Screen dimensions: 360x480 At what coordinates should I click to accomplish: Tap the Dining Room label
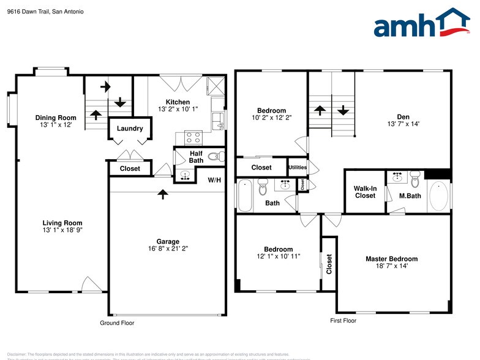pos(56,118)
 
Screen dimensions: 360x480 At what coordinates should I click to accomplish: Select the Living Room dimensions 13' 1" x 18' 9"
pos(62,230)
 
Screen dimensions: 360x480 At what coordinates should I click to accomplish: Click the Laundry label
pos(129,129)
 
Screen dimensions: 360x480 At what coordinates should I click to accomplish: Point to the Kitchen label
pos(178,102)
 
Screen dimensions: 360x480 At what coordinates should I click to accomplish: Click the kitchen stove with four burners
pos(193,137)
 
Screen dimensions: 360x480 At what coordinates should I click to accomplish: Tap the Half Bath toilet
pos(215,157)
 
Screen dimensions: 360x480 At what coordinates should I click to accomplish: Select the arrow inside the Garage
pos(162,194)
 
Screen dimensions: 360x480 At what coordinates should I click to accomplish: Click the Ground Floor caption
pos(117,323)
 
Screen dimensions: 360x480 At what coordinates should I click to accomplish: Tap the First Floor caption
pos(343,320)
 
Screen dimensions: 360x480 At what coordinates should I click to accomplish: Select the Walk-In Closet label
pos(365,192)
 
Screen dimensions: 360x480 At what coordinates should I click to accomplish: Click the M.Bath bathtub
pos(439,198)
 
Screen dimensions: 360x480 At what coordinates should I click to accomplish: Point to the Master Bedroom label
pos(391,258)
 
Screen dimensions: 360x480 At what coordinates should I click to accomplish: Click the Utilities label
pos(298,167)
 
